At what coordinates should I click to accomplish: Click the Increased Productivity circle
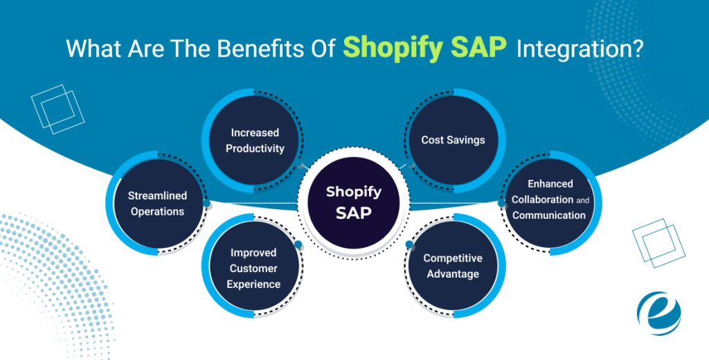tap(254, 140)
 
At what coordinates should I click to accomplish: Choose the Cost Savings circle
tap(453, 140)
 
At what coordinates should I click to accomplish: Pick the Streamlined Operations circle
tap(157, 204)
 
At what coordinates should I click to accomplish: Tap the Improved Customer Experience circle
tap(254, 268)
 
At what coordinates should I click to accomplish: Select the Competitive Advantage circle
tap(453, 266)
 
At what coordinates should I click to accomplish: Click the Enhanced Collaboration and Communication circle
tap(550, 199)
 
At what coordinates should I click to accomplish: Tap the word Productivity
tap(255, 148)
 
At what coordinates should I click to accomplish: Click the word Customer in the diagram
tap(254, 268)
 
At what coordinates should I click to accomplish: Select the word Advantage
tap(453, 274)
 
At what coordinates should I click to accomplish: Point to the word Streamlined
tap(157, 195)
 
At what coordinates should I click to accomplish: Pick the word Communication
tap(549, 215)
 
